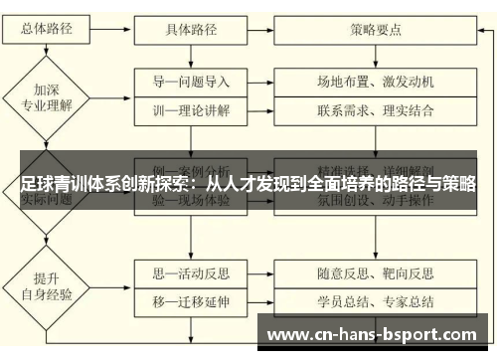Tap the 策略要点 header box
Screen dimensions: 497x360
click(376, 29)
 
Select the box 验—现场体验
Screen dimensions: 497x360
click(190, 201)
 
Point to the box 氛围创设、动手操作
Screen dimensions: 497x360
click(376, 201)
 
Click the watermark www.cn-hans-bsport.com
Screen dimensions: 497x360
click(374, 331)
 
